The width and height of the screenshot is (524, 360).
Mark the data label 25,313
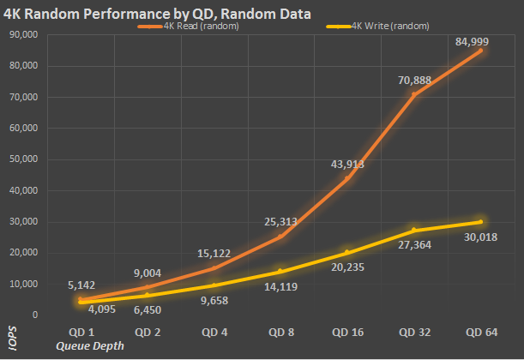pos(280,222)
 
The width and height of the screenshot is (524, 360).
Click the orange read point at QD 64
pos(480,51)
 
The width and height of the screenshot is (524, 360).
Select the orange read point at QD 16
pos(347,178)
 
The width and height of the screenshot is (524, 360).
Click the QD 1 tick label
pos(81,331)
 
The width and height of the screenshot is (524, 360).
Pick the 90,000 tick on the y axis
pos(21,35)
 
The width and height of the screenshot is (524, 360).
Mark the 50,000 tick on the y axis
pos(21,159)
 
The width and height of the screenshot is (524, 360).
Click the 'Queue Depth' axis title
pos(90,345)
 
